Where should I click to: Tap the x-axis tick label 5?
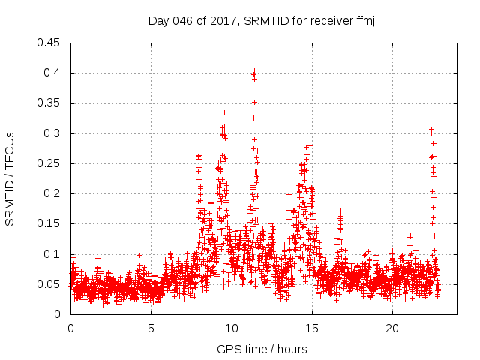151,328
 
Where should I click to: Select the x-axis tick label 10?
232,328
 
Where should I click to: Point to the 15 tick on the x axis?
312,328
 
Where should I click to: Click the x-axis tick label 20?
392,328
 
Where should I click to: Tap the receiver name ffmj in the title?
364,21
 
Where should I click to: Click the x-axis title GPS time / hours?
262,349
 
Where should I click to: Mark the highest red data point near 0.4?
254,71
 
